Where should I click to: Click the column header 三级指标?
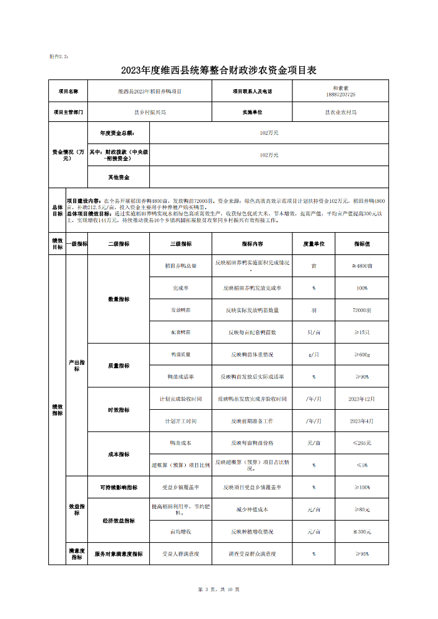coord(180,244)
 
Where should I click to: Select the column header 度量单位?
coord(313,244)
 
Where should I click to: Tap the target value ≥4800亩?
coord(362,266)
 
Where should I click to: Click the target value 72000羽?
coord(362,309)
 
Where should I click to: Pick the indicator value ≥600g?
coord(362,355)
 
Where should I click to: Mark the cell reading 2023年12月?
coord(362,399)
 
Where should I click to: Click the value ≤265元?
coord(362,443)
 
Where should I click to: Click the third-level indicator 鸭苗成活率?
coord(180,376)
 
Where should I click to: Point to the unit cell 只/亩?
coord(313,332)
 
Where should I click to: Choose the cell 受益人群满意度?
coord(180,554)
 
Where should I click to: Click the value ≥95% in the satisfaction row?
coord(362,554)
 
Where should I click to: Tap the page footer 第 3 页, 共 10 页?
coord(218,589)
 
